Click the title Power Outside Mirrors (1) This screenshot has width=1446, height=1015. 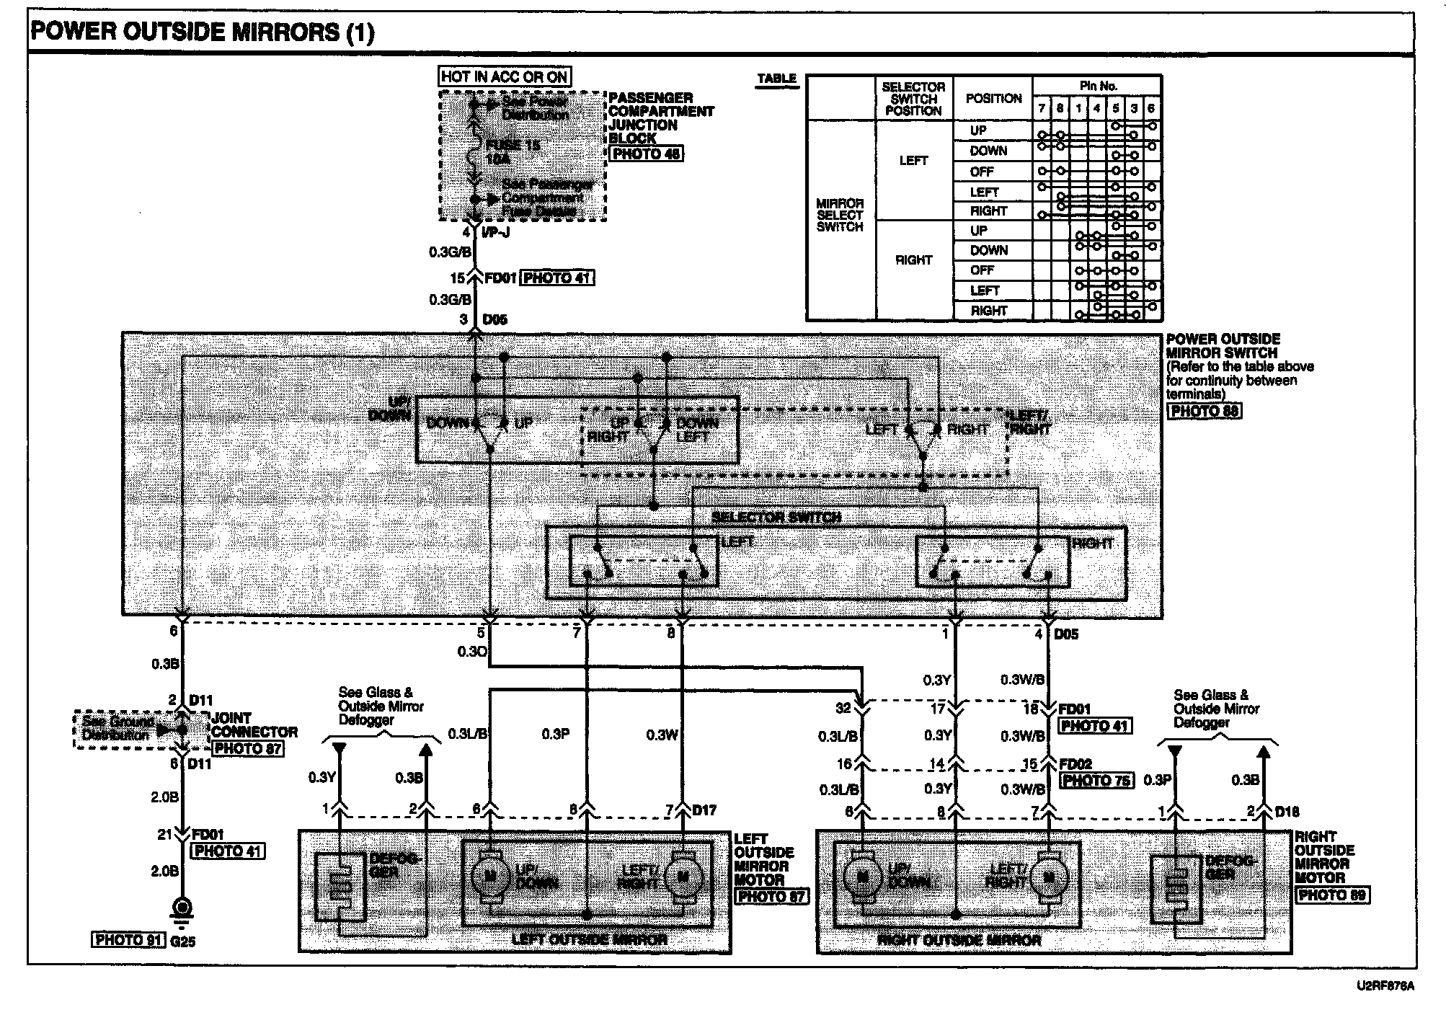coord(203,33)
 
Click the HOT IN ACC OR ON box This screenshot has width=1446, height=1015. coord(504,76)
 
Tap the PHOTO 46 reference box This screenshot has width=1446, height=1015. coord(646,154)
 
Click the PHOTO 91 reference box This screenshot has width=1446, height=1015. coord(129,940)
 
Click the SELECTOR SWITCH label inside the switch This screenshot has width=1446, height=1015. coord(776,517)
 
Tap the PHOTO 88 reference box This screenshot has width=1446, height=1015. coord(1204,411)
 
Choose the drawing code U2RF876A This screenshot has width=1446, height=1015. coord(1385,986)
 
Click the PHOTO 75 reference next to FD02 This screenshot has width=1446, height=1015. coord(1096,780)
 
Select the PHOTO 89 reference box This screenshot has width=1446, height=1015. coord(1331,895)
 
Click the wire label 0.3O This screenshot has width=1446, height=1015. coord(472,652)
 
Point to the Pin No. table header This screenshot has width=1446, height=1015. coord(1098,86)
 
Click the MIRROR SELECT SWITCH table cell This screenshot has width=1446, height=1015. coord(840,215)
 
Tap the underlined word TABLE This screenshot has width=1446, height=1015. coord(776,79)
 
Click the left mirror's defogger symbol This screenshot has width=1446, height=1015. coord(340,887)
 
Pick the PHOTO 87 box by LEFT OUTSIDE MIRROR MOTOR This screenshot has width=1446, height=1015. coord(771,896)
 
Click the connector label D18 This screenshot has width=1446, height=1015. coord(1287,812)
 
